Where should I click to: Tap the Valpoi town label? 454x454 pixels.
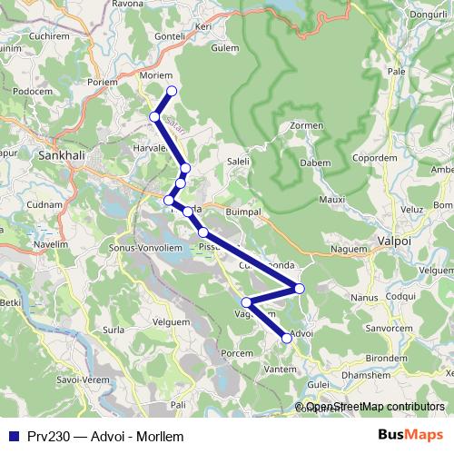coord(394,242)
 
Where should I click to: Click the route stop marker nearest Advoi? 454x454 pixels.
coord(287,338)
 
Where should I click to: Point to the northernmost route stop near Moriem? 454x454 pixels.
coord(171,90)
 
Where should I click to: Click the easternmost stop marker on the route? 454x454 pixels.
coord(299,289)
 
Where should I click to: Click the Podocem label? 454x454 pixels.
coord(33,91)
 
